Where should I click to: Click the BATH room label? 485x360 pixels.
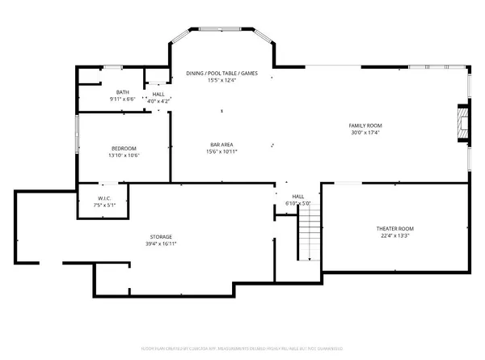[123, 92]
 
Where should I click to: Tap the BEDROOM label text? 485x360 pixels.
[124, 148]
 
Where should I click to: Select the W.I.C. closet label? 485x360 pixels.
[105, 198]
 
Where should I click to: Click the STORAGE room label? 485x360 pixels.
[160, 236]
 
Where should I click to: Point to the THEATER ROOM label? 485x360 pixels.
[393, 229]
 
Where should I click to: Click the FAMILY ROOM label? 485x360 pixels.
[365, 125]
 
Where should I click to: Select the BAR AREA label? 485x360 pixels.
[221, 144]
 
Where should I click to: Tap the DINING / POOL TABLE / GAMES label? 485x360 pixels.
[221, 73]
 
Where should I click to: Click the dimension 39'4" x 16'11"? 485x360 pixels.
[160, 244]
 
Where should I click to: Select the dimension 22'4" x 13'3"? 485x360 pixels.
[393, 236]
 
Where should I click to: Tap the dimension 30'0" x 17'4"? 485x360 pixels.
[365, 133]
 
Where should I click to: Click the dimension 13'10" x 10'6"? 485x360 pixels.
[124, 155]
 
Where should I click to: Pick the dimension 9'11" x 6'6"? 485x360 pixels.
[123, 100]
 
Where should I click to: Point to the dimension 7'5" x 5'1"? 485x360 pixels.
[105, 205]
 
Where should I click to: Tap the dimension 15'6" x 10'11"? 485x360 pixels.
[221, 151]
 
